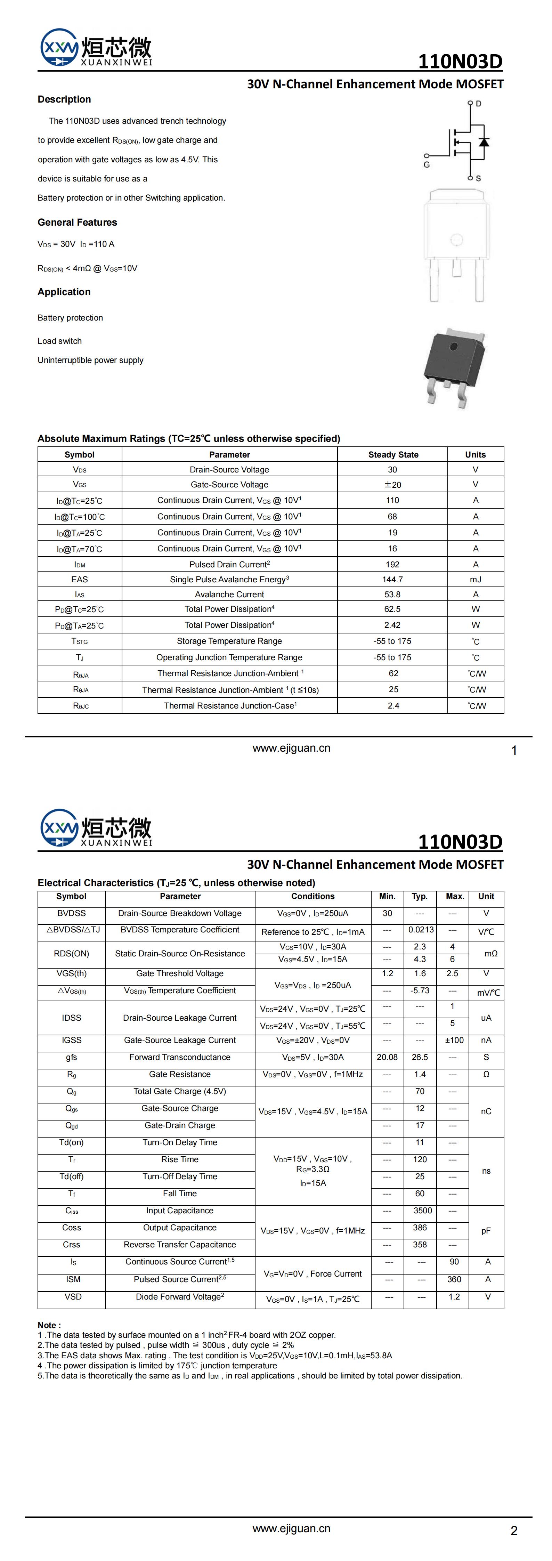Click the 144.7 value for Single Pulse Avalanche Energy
point(393,579)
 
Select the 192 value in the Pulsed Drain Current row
point(393,564)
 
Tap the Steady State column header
point(393,454)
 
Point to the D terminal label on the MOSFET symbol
point(479,104)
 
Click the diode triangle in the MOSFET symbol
point(484,142)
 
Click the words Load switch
point(59,341)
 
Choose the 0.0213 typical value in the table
point(421,930)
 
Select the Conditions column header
point(312,896)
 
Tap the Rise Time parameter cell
point(180,1159)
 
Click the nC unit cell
point(486,1111)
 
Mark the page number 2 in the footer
point(514,1531)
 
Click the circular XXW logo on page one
point(59,47)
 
